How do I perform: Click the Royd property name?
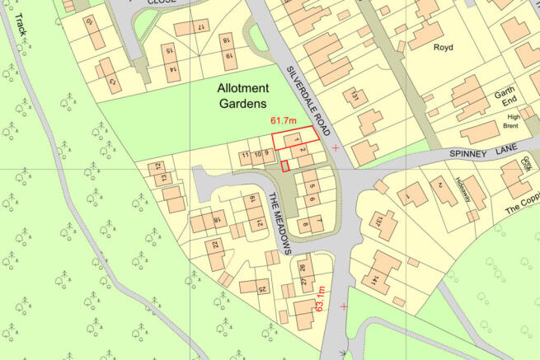point(444,48)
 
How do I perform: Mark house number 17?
point(200,27)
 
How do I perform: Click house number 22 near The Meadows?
point(216,245)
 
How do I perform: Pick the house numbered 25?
point(263,289)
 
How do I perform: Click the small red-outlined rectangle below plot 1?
point(285,166)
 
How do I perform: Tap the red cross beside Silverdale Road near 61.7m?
point(336,147)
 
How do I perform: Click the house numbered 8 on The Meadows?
point(306,223)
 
